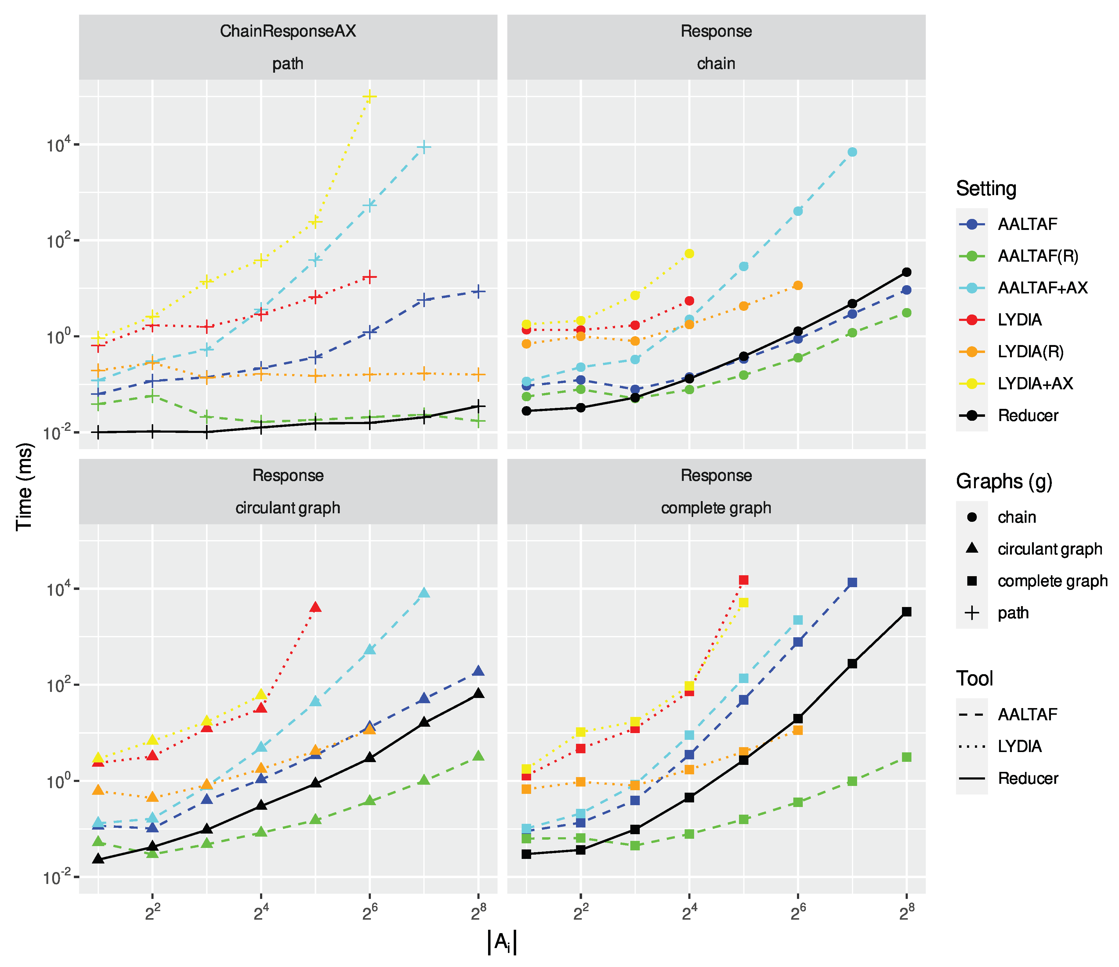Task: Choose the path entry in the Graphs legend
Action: (x=1012, y=613)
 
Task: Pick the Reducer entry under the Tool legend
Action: (x=1027, y=779)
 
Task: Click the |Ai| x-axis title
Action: (x=502, y=942)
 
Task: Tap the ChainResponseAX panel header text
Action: (x=288, y=31)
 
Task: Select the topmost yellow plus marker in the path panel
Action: (x=369, y=96)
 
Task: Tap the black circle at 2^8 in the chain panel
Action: (x=907, y=272)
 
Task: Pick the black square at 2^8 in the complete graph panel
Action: (x=907, y=612)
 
